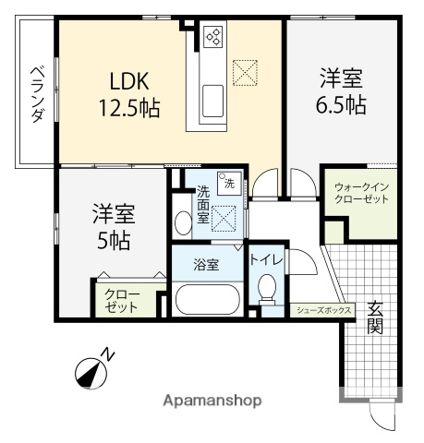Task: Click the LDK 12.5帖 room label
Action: [129, 95]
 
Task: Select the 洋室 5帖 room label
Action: [113, 228]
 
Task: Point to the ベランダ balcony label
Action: [37, 94]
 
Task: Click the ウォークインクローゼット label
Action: [361, 193]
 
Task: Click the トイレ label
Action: [268, 260]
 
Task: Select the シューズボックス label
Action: [323, 311]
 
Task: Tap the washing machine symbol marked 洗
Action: [228, 181]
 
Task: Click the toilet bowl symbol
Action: [269, 290]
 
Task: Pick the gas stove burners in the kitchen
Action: [213, 37]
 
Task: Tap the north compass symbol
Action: [91, 370]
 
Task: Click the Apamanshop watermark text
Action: [212, 401]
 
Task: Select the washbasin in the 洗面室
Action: [180, 220]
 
